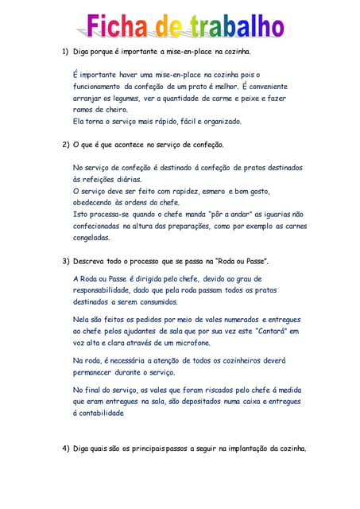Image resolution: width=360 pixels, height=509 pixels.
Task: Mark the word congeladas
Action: coord(91,238)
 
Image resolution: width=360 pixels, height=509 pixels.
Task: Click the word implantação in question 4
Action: coord(240,449)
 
